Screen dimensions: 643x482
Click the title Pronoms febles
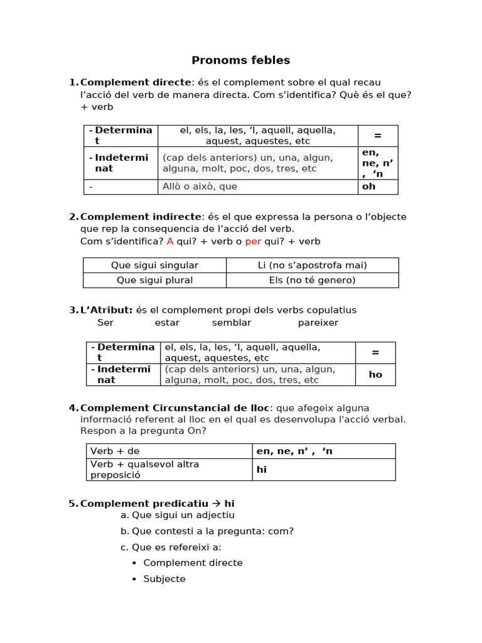pos(240,60)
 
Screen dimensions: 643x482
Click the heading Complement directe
pos(136,82)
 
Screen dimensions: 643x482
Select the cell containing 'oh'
pos(378,186)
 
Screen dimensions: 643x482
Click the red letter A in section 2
pos(170,241)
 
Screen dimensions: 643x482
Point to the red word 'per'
pos(253,241)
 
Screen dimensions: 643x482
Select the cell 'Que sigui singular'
pos(154,265)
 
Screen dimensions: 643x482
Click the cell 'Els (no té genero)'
pos(312,280)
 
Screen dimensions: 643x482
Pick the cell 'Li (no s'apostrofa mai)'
pos(312,265)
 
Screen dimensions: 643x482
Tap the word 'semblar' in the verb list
pos(232,323)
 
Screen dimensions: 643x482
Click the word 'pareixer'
pos(318,323)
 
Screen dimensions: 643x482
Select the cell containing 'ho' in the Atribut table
pos(375,374)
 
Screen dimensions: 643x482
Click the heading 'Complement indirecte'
pos(141,217)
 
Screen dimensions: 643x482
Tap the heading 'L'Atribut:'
pos(106,310)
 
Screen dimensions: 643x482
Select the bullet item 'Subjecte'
pos(164,579)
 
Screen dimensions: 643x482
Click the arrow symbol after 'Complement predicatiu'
pos(217,504)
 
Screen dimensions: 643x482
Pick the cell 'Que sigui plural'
pos(154,280)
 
